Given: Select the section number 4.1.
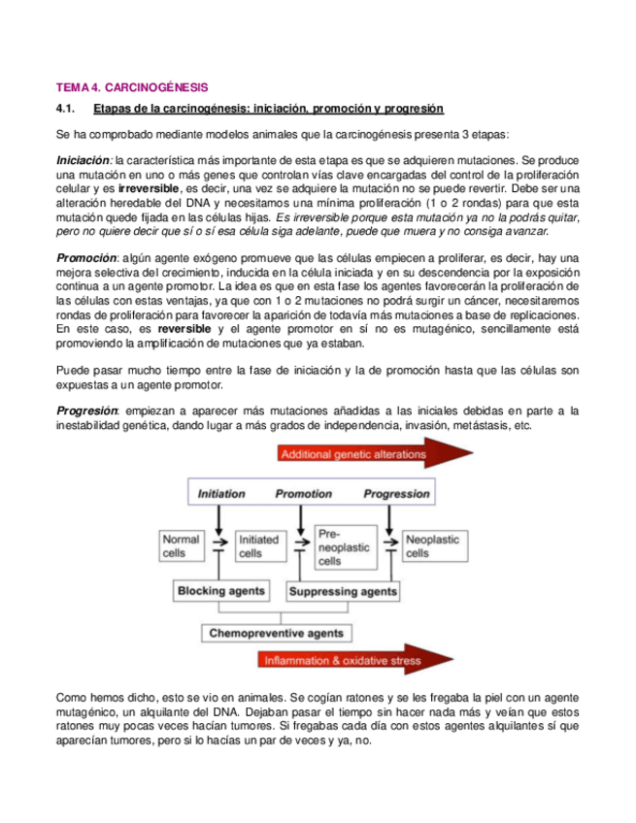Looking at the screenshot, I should pyautogui.click(x=68, y=108).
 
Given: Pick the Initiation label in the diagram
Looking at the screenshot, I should pyautogui.click(x=221, y=494).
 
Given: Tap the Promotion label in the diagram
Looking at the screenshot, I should pyautogui.click(x=304, y=494).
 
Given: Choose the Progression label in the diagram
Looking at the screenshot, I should pyautogui.click(x=395, y=494).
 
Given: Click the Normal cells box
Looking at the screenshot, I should pyautogui.click(x=182, y=546).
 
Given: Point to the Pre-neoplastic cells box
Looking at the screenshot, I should pyautogui.click(x=344, y=546).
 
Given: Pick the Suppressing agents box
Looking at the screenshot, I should pyautogui.click(x=344, y=589).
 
